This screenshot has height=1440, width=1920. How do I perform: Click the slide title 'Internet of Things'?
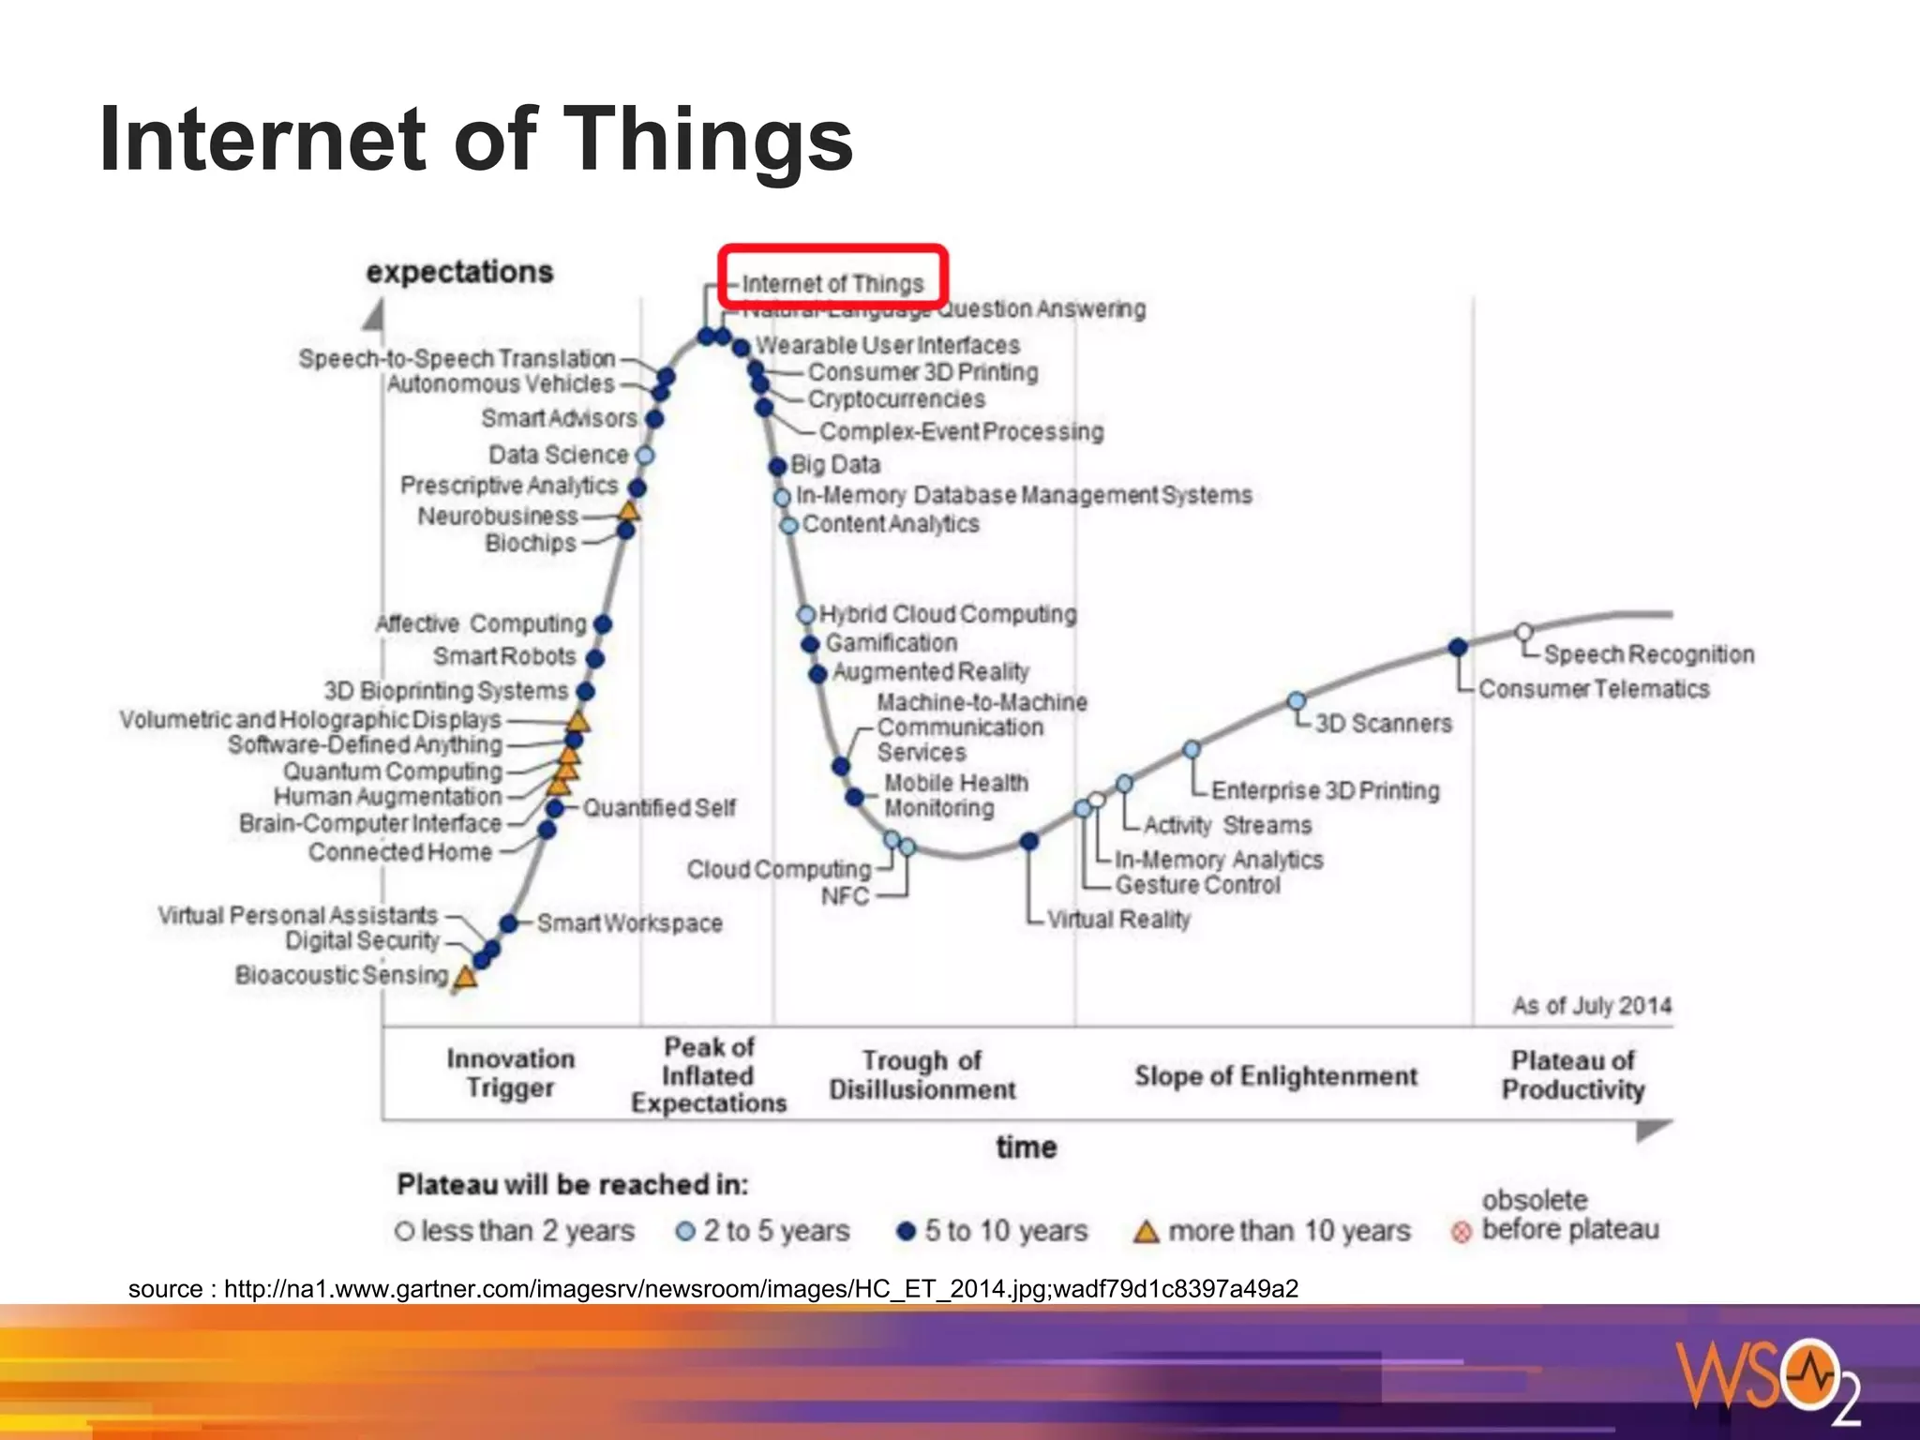[476, 139]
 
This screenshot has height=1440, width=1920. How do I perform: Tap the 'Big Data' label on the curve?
[834, 464]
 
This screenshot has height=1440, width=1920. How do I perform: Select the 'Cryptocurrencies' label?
[896, 399]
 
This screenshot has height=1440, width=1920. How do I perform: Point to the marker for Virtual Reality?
[1029, 841]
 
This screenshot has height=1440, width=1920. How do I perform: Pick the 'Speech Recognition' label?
[1648, 654]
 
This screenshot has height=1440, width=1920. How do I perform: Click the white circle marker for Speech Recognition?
[1524, 632]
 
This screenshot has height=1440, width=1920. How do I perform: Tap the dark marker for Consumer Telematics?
[1458, 647]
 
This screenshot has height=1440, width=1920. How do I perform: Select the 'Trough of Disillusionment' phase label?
[922, 1074]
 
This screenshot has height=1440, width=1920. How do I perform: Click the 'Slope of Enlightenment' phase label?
[1275, 1075]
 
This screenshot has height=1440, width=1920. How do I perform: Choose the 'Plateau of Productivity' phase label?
[1572, 1074]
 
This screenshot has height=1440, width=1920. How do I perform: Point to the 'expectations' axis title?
[459, 272]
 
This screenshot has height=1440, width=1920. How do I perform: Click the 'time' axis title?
[1026, 1147]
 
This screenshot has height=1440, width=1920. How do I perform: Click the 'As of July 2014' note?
[1591, 1006]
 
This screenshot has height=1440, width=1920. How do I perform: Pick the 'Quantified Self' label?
[659, 807]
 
